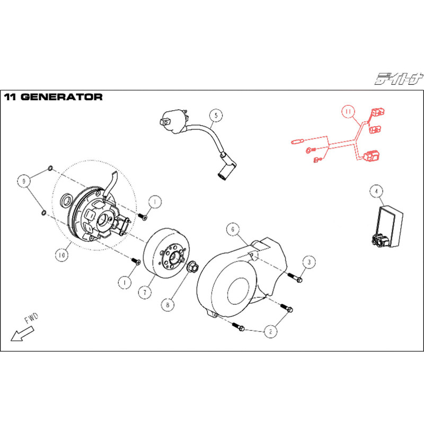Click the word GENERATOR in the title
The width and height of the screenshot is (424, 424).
tap(61, 97)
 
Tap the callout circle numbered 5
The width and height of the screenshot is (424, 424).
tap(216, 116)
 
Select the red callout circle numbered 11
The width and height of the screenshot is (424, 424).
tap(348, 111)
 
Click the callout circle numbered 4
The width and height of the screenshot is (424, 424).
tap(376, 191)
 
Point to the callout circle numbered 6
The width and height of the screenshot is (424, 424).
tap(233, 229)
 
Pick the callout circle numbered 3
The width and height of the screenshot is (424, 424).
tap(309, 262)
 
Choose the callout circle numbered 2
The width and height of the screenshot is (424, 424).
tap(271, 331)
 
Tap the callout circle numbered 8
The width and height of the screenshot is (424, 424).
tap(167, 305)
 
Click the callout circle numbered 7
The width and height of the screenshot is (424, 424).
tap(145, 293)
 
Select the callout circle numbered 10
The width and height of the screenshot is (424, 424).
tap(61, 255)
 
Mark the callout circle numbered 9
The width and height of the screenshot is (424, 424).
tap(24, 181)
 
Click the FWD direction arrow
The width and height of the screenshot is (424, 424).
tap(22, 334)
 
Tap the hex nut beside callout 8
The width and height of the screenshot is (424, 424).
tap(192, 267)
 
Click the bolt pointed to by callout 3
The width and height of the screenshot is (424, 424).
tap(295, 278)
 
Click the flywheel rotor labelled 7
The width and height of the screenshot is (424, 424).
tap(166, 253)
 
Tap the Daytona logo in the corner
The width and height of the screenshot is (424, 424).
tap(399, 78)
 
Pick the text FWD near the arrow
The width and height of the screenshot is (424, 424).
tap(32, 319)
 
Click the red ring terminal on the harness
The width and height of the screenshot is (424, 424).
tap(310, 149)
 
